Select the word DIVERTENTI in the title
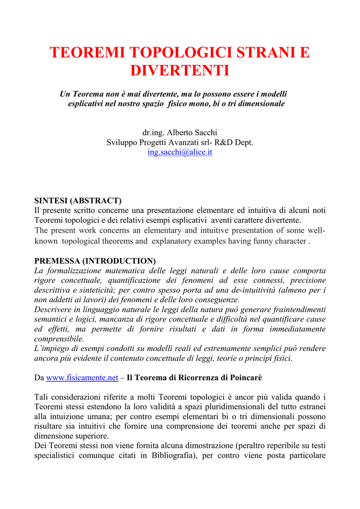coord(180,71)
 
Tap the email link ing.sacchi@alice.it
coord(180,152)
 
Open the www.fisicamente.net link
coord(82,377)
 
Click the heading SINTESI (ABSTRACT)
coord(78,201)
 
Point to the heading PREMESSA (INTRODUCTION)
coord(95,260)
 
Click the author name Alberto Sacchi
coord(192,132)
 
